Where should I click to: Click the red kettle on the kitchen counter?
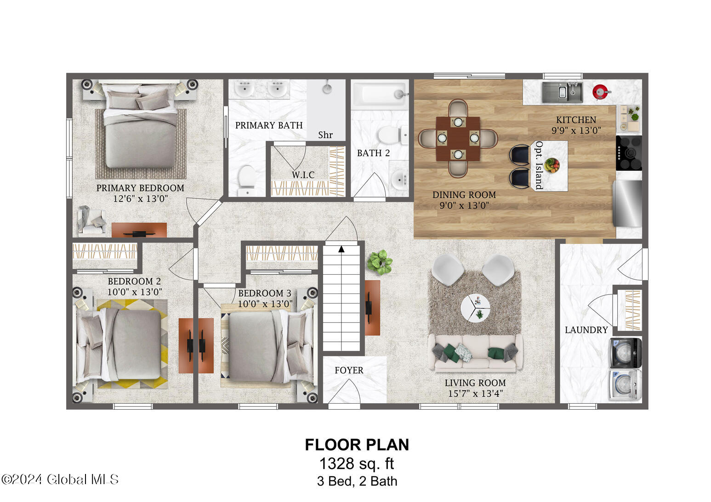tap(601, 92)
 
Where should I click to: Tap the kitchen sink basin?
tap(563, 92)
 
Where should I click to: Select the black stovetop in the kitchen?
tap(629, 153)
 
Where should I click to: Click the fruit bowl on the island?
tap(552, 165)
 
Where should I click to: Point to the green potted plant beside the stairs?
tap(380, 262)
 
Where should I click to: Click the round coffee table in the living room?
tap(475, 308)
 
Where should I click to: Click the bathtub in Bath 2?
tap(380, 94)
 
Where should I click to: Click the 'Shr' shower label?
tap(325, 135)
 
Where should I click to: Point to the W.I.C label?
tap(303, 175)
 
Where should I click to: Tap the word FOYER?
tap(349, 370)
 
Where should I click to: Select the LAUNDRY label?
tap(586, 330)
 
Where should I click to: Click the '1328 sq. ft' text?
tap(357, 463)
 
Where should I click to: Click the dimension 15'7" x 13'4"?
tap(476, 394)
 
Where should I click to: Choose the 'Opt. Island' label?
tap(539, 165)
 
